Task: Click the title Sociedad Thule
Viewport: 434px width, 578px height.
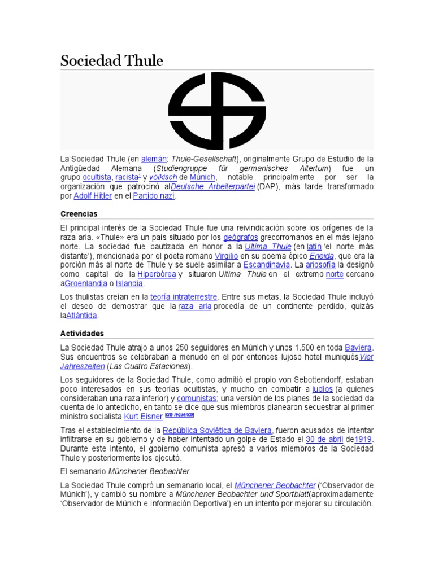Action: [x=111, y=60]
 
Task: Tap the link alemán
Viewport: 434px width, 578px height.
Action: [x=153, y=159]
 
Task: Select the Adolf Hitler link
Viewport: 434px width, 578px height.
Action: [x=92, y=196]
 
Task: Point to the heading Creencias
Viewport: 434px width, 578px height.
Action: [x=79, y=214]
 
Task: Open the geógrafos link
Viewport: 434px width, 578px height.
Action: [x=241, y=237]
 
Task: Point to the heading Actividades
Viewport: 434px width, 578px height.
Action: [x=82, y=334]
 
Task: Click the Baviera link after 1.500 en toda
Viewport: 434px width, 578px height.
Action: [x=359, y=347]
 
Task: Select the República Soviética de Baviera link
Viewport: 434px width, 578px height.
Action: [x=218, y=430]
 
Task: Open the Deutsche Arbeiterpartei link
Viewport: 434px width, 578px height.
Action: [x=213, y=186]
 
